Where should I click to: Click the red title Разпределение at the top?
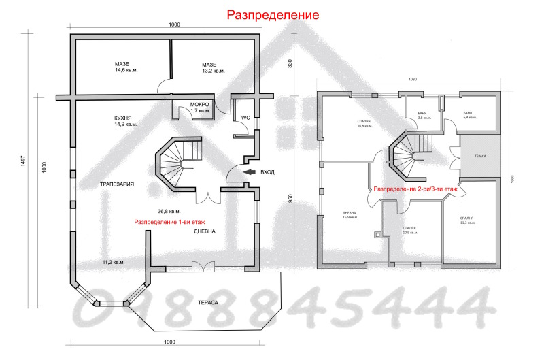click(271, 14)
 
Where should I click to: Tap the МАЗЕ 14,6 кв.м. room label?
click(126, 67)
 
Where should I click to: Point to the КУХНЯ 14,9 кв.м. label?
click(126, 121)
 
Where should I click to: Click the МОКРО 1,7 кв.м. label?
click(201, 107)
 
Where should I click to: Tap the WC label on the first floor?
click(245, 117)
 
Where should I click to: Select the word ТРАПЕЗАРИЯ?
click(116, 184)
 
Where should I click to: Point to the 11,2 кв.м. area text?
click(113, 262)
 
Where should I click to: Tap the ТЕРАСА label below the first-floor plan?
click(208, 301)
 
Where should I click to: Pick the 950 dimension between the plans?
click(291, 198)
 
